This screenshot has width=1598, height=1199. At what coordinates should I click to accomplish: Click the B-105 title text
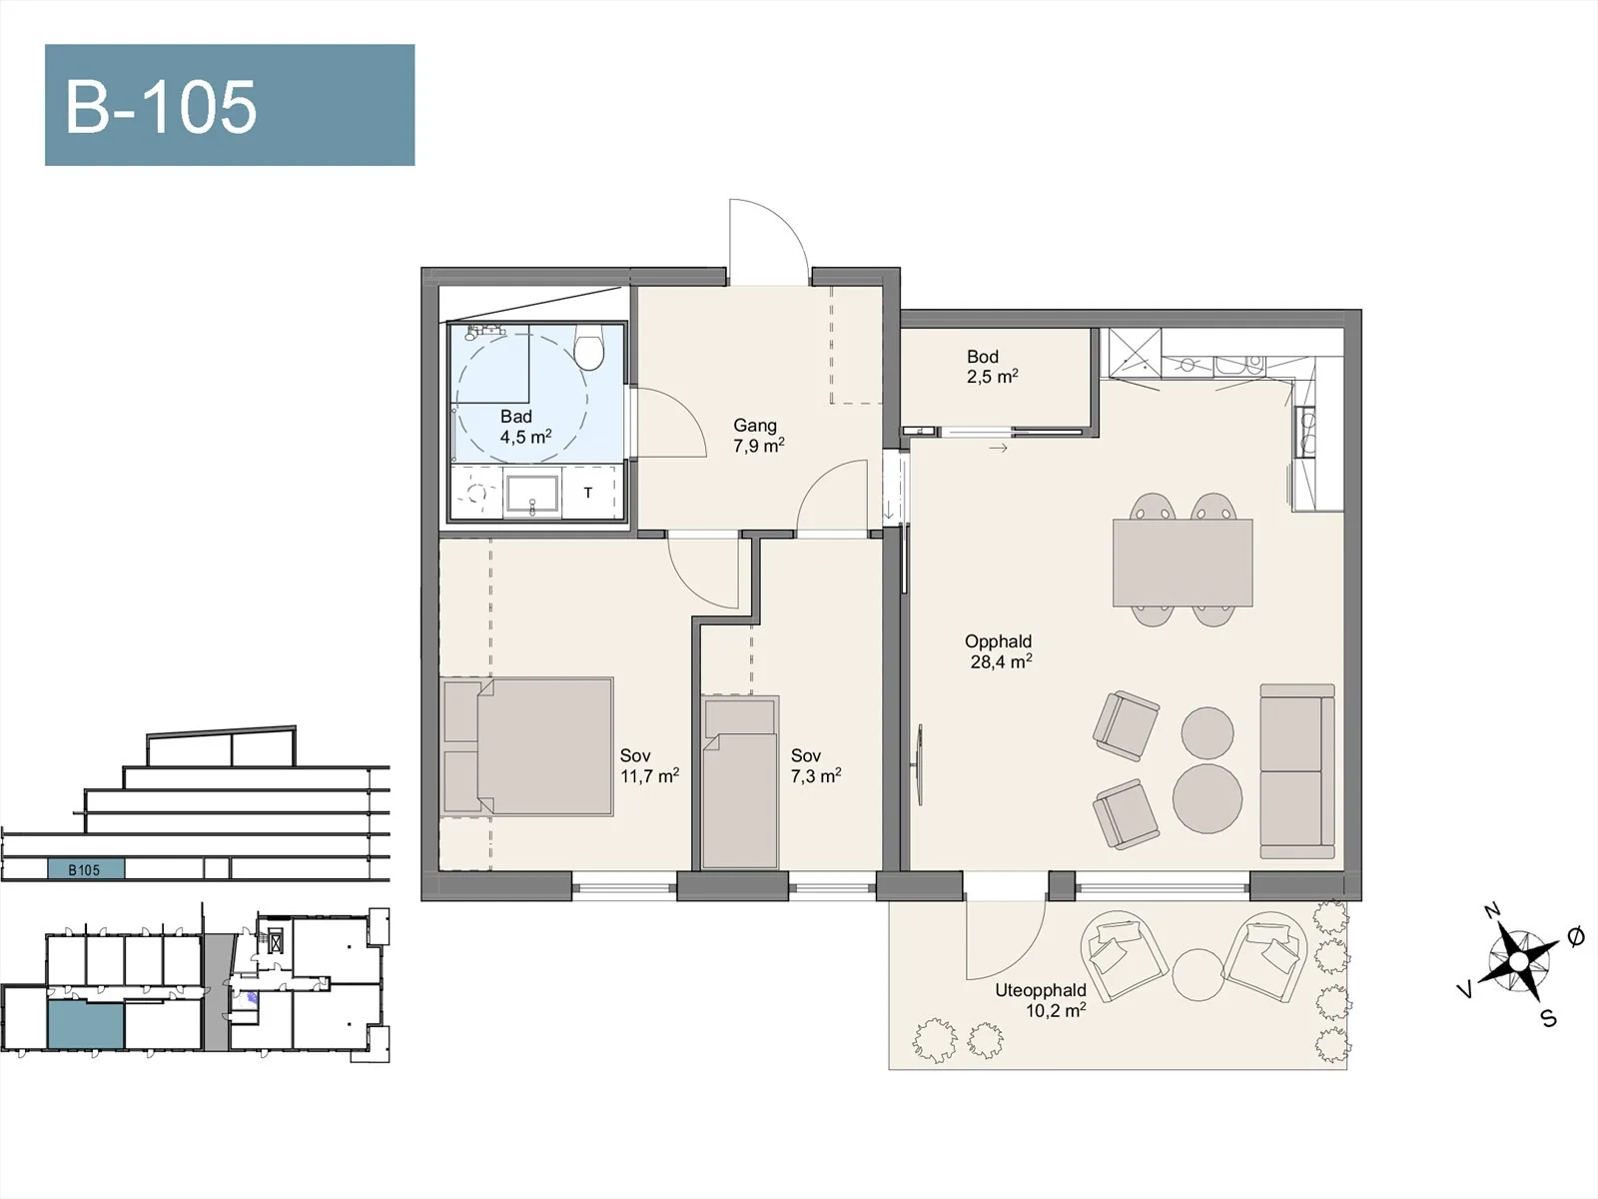[x=161, y=107]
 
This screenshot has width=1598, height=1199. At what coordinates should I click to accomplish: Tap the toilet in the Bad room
[x=588, y=348]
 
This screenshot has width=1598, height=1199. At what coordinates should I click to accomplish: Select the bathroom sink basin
[x=532, y=494]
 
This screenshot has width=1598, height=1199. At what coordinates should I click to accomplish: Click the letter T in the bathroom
[x=588, y=493]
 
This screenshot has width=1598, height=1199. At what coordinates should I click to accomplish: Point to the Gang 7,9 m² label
[x=758, y=436]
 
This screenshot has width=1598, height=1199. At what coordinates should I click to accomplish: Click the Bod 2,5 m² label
[x=992, y=366]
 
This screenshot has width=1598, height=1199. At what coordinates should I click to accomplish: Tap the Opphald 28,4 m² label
[x=999, y=651]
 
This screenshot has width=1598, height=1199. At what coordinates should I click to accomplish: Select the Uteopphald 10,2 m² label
[x=1041, y=1000]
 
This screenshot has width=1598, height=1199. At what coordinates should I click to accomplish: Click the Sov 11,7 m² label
[x=649, y=765]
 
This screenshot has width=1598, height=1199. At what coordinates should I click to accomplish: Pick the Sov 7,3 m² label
[x=816, y=765]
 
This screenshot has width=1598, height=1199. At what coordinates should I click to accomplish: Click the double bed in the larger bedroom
[x=527, y=746]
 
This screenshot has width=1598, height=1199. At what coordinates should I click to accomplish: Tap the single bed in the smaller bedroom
[x=740, y=781]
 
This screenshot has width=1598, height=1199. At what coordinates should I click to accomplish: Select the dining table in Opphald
[x=1184, y=563]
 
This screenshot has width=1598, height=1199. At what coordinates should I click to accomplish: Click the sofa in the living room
[x=1297, y=771]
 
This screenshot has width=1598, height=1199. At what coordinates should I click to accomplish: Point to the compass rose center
[x=1519, y=963]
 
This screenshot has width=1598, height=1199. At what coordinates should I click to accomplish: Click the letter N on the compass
[x=1492, y=910]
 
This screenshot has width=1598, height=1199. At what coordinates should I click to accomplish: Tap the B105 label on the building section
[x=85, y=870]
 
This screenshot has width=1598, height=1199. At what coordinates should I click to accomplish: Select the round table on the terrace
[x=1198, y=975]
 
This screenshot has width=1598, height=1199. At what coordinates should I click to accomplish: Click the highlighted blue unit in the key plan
[x=85, y=1024]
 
